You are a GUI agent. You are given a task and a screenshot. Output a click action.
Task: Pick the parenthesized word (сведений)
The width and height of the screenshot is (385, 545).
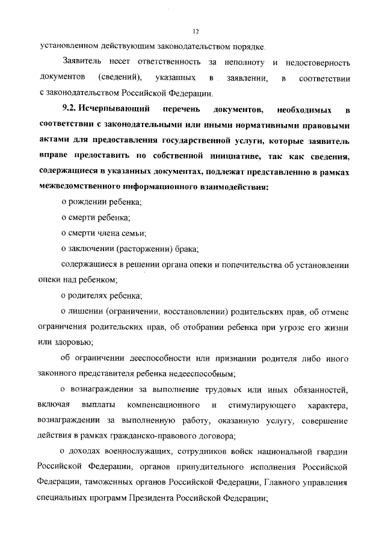(120, 78)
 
